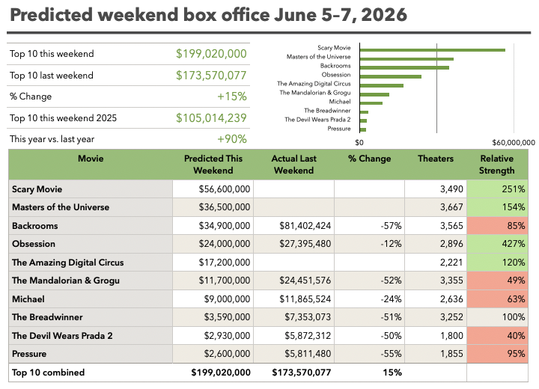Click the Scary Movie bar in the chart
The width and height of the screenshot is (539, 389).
433,50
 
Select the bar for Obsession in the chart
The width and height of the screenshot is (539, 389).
391,76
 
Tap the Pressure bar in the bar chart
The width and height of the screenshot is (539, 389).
363,130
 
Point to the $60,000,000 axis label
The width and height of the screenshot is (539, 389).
514,143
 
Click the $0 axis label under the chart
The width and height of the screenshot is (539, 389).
359,143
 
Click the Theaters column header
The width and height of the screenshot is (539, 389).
436,159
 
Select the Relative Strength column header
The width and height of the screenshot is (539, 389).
497,165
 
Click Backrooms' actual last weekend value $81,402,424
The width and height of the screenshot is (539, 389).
305,226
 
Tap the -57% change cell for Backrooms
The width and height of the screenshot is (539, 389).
391,226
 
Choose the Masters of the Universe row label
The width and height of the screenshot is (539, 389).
61,207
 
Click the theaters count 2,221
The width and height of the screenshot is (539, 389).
451,263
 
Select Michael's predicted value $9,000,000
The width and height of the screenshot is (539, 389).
227,299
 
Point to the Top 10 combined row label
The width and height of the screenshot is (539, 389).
48,373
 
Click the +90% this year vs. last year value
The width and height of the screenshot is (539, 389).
231,139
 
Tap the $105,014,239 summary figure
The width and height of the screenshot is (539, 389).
211,118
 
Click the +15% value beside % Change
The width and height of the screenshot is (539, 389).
231,97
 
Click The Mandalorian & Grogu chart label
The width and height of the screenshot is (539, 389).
315,93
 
